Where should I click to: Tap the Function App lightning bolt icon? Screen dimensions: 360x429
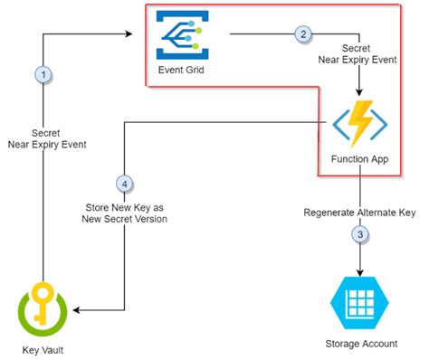click(x=360, y=127)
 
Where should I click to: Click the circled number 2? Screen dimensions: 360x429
click(x=303, y=34)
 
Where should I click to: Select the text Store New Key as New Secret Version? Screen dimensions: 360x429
click(x=126, y=211)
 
